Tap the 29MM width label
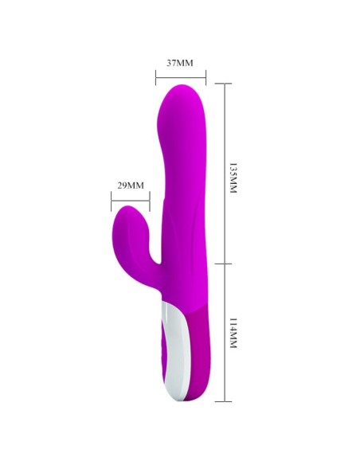pos(130,185)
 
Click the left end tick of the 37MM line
pos(155,77)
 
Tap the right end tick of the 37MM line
pos(206,77)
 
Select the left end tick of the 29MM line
pos(111,197)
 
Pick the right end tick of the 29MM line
pos(149,197)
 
